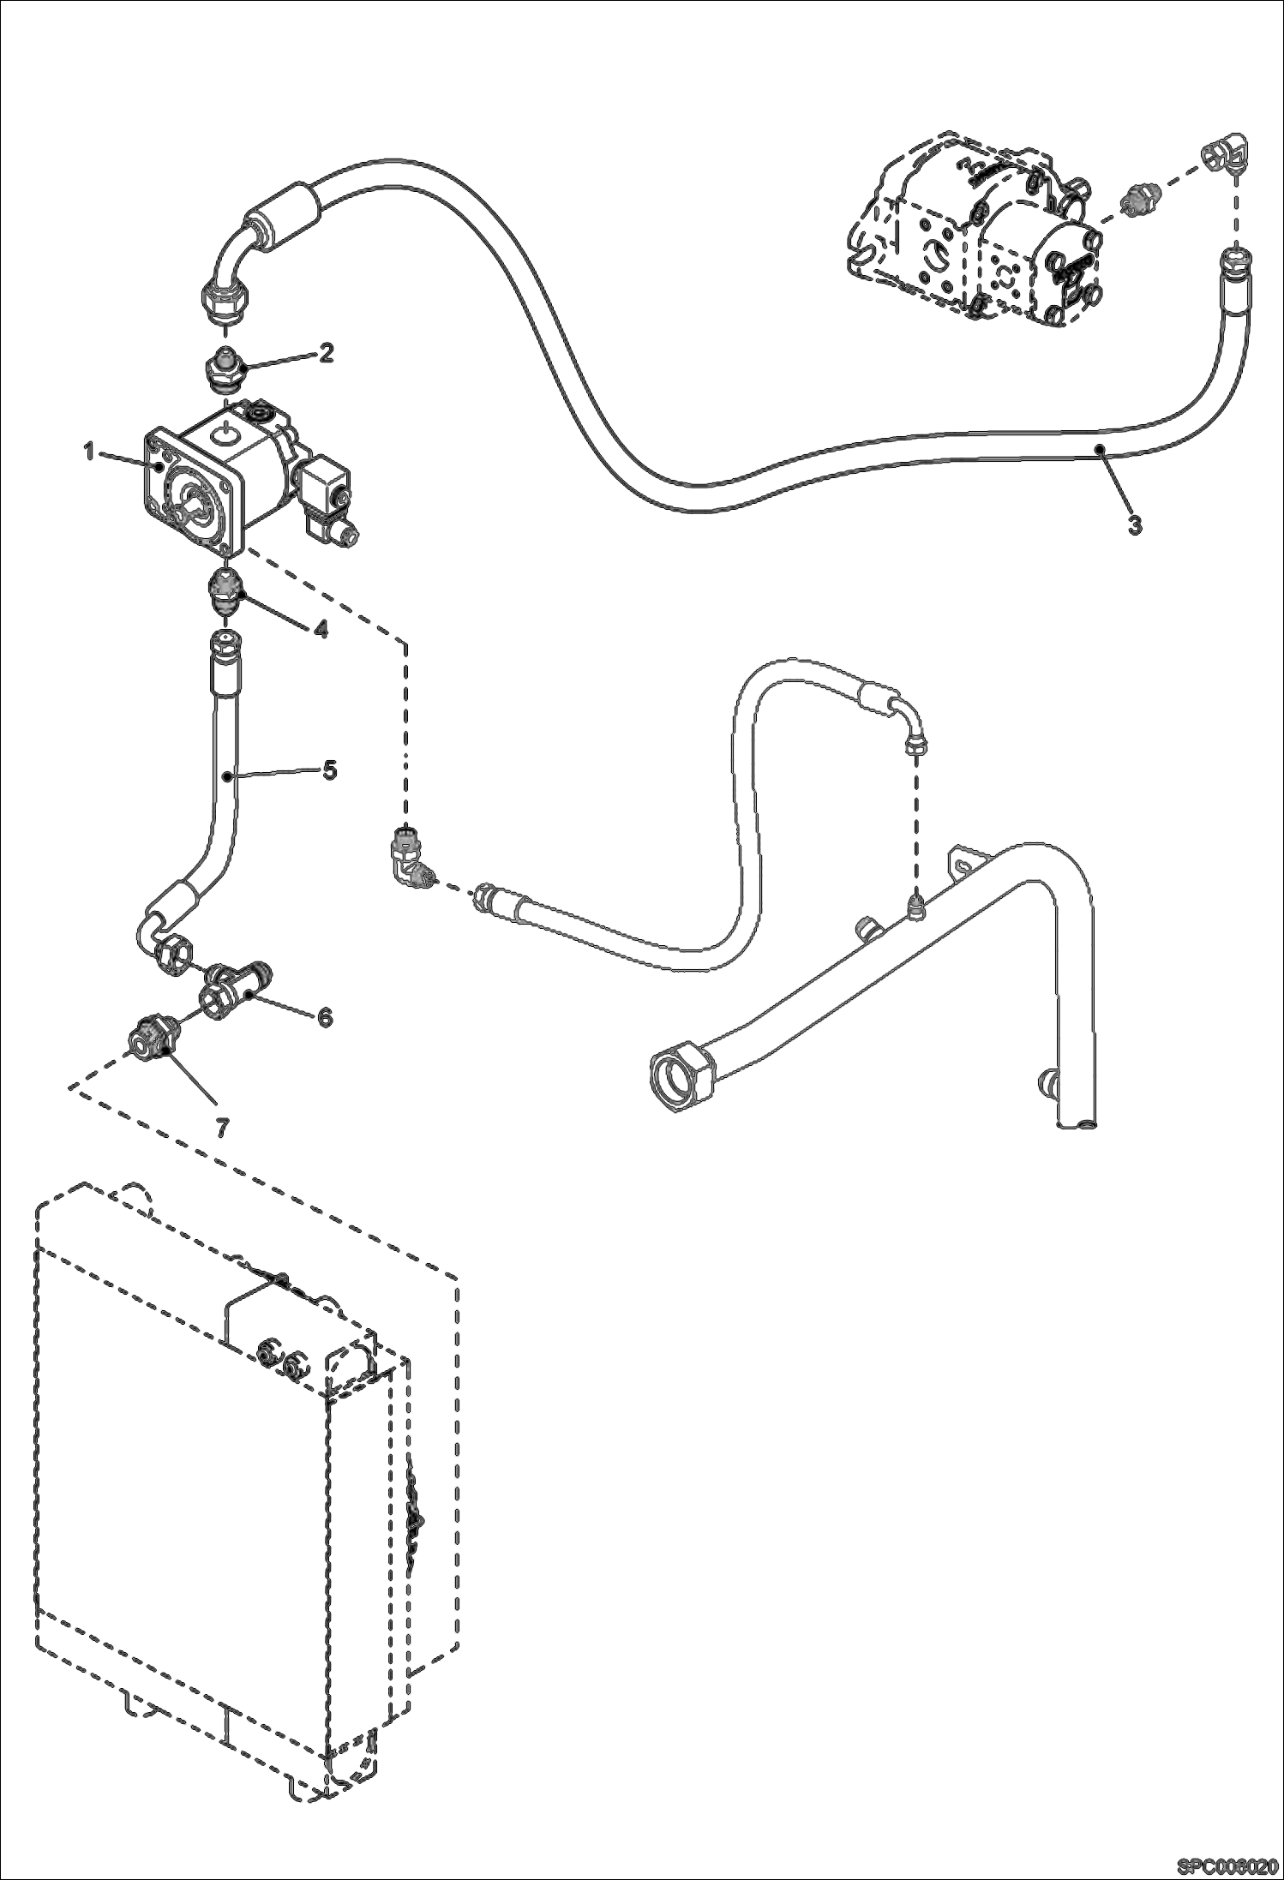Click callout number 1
89,452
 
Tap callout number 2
325,353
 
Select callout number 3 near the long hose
1134,524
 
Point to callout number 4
319,629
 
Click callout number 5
329,769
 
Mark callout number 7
221,1129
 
